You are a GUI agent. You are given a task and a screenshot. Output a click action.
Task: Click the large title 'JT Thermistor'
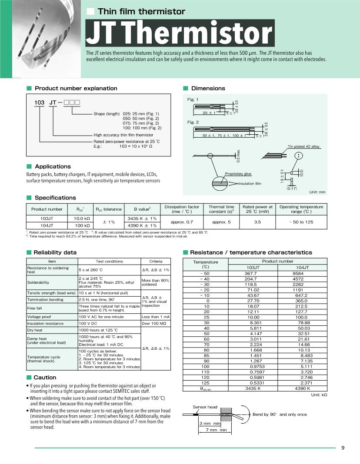coord(180,33)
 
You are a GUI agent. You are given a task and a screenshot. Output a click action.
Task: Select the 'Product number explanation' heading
coord(76,88)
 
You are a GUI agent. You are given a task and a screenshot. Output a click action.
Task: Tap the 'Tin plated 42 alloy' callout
coord(303,146)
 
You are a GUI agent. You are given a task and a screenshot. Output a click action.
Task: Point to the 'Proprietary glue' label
coord(238,174)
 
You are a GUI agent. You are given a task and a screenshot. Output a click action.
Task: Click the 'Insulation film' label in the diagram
coord(250,184)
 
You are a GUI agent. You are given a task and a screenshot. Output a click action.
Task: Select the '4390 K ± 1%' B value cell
coord(142,225)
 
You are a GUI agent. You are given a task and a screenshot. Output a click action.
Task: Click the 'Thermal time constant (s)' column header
coord(221,209)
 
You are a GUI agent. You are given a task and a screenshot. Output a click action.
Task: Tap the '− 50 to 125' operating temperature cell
coord(302,222)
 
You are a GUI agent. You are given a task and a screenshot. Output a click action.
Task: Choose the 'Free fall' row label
coord(35,308)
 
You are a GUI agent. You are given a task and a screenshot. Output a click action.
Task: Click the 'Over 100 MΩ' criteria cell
coord(156,323)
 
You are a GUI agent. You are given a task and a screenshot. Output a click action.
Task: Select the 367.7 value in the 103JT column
coord(253,273)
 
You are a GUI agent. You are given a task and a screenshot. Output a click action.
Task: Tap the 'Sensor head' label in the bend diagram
coord(205,407)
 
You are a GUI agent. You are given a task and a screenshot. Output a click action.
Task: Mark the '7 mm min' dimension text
coord(213,430)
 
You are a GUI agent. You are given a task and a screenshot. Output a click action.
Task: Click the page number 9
coord(343,449)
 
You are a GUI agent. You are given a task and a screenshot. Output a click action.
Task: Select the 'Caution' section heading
coord(45,378)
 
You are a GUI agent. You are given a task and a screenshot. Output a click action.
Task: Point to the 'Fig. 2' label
coord(193,122)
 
